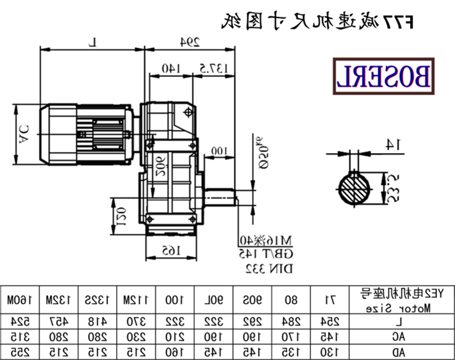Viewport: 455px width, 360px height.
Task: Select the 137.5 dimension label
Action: coord(214,68)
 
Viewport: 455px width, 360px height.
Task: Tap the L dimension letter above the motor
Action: coord(95,41)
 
